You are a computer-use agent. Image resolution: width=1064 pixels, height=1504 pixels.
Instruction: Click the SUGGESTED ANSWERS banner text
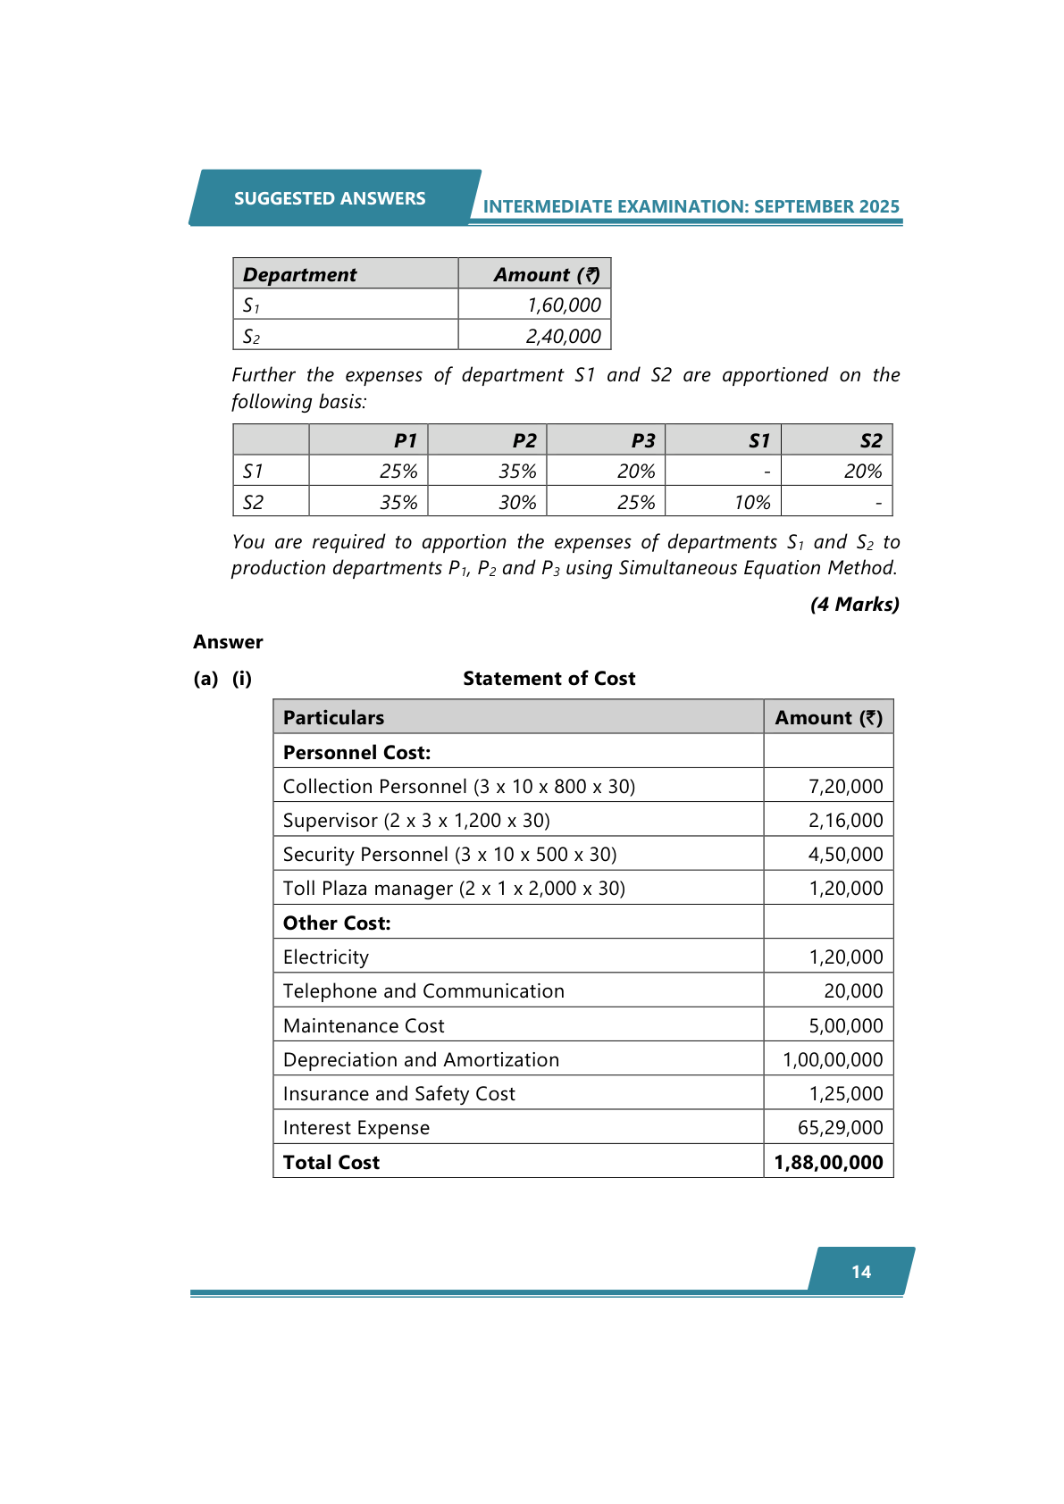(330, 198)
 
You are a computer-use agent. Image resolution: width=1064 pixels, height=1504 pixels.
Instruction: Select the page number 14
(861, 1272)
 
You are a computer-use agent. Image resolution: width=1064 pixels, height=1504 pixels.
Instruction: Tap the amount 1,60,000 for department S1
(564, 305)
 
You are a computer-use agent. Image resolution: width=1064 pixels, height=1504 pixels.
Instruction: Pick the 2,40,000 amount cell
(563, 337)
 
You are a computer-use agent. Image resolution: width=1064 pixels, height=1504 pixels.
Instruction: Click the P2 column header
(524, 440)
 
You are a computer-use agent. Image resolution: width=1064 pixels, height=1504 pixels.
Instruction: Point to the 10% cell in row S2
(752, 503)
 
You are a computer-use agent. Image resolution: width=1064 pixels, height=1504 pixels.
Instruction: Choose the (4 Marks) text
(854, 605)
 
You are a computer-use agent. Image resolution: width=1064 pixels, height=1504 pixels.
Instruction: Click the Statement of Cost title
(549, 679)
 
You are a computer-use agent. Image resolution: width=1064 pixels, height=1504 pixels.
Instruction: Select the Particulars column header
(333, 718)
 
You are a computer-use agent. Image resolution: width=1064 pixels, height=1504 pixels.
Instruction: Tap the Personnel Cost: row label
(356, 753)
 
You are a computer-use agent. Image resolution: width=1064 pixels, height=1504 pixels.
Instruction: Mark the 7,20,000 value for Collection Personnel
(845, 787)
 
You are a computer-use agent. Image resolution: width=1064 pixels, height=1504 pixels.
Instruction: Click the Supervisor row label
(416, 821)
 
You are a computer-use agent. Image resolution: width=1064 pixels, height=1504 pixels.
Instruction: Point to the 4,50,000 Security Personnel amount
(845, 855)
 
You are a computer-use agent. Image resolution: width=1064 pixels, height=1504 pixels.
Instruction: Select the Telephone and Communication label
(423, 991)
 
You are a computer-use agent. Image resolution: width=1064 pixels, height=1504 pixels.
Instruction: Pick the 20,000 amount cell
(853, 991)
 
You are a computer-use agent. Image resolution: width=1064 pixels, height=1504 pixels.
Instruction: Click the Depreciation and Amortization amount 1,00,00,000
(833, 1060)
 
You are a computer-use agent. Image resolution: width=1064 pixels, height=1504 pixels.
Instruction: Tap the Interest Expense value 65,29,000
(840, 1128)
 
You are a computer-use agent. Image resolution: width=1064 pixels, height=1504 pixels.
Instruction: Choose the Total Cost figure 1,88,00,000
(828, 1163)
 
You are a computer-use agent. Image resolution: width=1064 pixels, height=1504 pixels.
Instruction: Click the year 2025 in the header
(879, 206)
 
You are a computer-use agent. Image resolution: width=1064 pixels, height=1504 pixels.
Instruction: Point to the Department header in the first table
(299, 275)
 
